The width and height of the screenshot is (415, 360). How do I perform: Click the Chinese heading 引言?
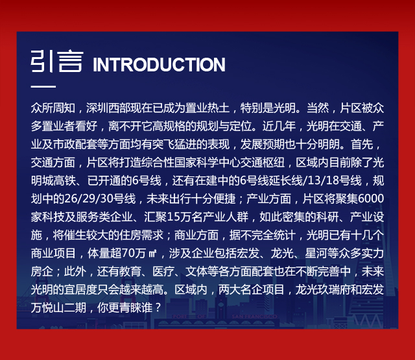click(x=57, y=62)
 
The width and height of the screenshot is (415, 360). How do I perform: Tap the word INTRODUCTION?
click(x=159, y=64)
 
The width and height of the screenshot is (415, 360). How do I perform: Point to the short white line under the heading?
click(x=43, y=86)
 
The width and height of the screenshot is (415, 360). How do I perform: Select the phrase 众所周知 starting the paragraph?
click(x=53, y=108)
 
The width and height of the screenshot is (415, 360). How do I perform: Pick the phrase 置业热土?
click(x=207, y=108)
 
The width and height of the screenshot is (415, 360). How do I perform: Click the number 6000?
click(x=370, y=198)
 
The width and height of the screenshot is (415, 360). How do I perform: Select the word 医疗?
click(x=163, y=271)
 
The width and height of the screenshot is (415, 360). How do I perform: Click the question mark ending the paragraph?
click(x=158, y=307)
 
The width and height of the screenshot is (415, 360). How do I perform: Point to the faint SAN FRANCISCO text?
click(x=254, y=317)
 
